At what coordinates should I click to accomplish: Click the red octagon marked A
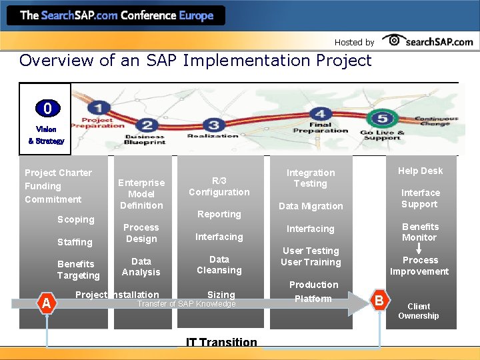point(46,303)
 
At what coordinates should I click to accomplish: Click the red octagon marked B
point(379,301)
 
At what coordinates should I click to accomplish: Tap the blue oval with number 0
point(47,108)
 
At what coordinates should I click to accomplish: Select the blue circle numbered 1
point(100,107)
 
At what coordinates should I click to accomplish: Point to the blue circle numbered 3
point(213,125)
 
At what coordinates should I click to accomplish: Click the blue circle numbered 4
point(321,115)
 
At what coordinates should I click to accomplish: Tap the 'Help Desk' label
point(420,171)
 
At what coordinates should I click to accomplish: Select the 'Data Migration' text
point(311,206)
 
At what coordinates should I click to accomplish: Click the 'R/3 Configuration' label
point(219,186)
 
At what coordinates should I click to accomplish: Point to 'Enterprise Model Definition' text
point(141,194)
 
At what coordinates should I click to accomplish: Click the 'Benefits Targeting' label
point(78,270)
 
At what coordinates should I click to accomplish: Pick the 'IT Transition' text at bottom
point(221,343)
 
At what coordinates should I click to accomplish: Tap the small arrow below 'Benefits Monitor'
point(419,249)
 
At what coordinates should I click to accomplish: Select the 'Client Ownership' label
point(419,311)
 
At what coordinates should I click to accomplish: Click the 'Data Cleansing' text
point(219,265)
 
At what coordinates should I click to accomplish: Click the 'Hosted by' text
point(354,42)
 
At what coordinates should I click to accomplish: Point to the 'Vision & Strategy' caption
point(46,135)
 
